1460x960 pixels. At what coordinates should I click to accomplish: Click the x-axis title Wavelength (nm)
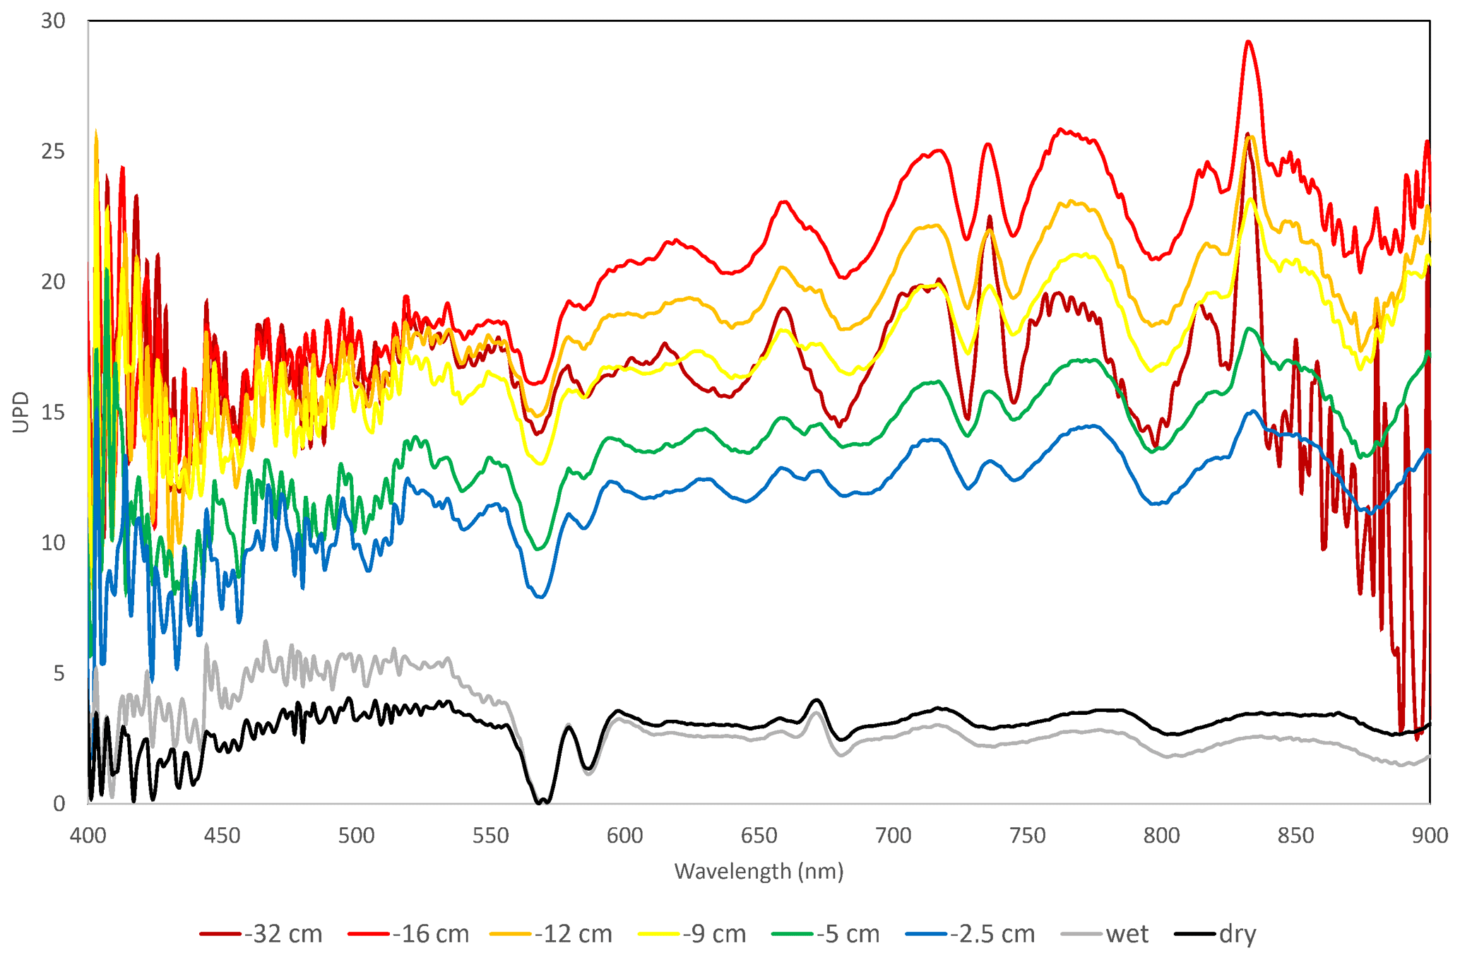click(x=759, y=871)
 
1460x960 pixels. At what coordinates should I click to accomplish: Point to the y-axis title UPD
click(x=21, y=412)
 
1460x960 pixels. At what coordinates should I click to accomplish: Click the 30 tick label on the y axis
click(x=53, y=21)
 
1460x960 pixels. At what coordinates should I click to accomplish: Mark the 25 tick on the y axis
click(x=53, y=152)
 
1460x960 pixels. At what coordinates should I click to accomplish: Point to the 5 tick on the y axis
click(x=59, y=673)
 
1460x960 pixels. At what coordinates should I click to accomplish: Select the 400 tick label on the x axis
click(x=88, y=836)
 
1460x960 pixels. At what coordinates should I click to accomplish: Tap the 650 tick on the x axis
click(x=759, y=836)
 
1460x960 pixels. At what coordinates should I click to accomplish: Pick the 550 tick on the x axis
click(x=490, y=836)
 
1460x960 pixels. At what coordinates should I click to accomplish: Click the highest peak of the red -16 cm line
click(x=1249, y=42)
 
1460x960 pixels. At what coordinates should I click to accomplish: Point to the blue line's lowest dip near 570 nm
click(x=541, y=597)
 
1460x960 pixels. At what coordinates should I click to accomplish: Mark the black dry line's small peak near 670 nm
click(x=817, y=700)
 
